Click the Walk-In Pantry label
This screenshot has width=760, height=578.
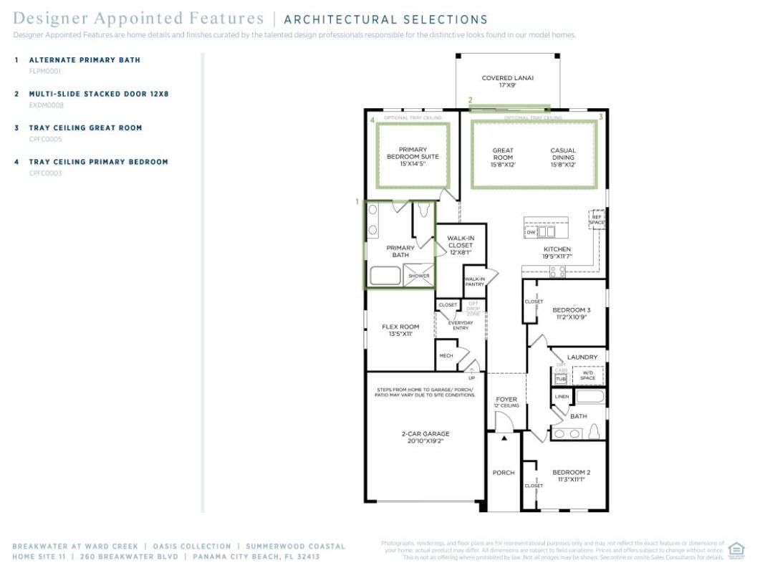click(474, 281)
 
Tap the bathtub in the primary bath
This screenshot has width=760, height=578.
click(385, 276)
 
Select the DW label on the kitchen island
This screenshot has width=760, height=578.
click(531, 232)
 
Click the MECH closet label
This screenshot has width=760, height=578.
click(446, 355)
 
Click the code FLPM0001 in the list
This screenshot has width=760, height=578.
click(44, 71)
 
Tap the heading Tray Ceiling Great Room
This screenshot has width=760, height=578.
click(85, 128)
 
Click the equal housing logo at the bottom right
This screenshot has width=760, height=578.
click(736, 549)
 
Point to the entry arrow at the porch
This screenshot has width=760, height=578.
click(504, 437)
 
